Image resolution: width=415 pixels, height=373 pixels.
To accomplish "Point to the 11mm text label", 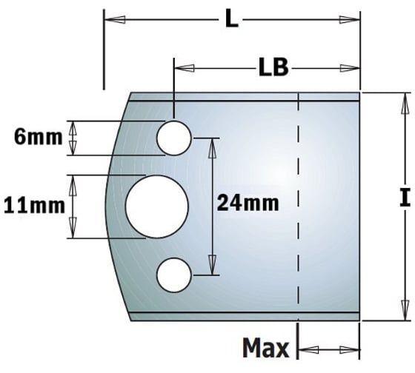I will click(33, 204).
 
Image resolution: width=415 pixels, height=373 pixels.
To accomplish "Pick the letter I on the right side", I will click(404, 198).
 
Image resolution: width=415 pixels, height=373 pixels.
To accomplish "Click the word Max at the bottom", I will click(266, 348).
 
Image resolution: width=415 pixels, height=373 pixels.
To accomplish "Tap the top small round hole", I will click(174, 138).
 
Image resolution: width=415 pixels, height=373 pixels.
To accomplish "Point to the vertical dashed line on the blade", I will click(297, 207).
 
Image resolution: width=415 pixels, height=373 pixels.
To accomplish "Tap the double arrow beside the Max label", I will click(328, 349).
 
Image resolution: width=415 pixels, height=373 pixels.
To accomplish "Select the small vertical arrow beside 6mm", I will click(73, 138).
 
